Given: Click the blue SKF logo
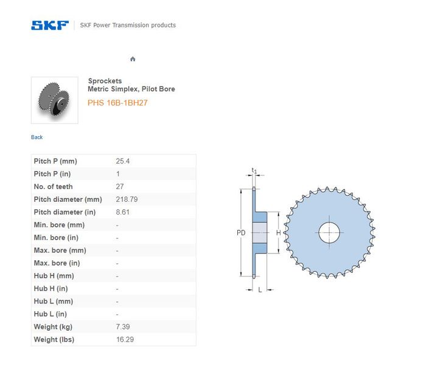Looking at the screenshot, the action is coord(50,26).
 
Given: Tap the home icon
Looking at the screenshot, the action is coord(133,59).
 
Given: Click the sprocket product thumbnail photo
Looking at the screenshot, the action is coord(55,100).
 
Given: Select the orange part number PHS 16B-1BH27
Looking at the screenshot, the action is coord(117,103).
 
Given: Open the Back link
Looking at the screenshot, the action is coord(37,137).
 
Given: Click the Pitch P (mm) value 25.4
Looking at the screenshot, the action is coord(122,161).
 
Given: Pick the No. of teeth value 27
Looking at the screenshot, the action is coord(119,187).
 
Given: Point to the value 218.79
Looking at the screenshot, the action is coord(127,199).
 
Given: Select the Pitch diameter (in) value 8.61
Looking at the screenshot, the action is coord(122,212).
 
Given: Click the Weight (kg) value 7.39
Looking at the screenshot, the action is coord(123,327).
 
